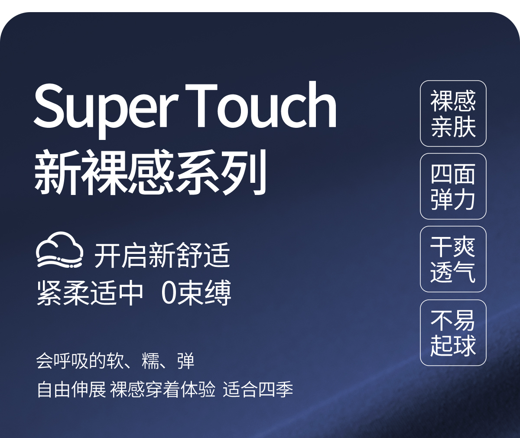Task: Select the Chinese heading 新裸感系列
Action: point(150,172)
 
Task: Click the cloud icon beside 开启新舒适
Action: point(60,250)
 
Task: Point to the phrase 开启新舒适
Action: point(162,255)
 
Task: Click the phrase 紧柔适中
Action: point(90,293)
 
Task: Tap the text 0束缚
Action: point(196,293)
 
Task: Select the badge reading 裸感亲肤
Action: point(453,114)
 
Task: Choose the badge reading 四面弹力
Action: point(453,186)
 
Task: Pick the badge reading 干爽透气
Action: point(453,259)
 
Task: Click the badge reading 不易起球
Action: point(453,333)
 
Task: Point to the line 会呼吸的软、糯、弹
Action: point(115,361)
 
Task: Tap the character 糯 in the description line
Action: point(150,361)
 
